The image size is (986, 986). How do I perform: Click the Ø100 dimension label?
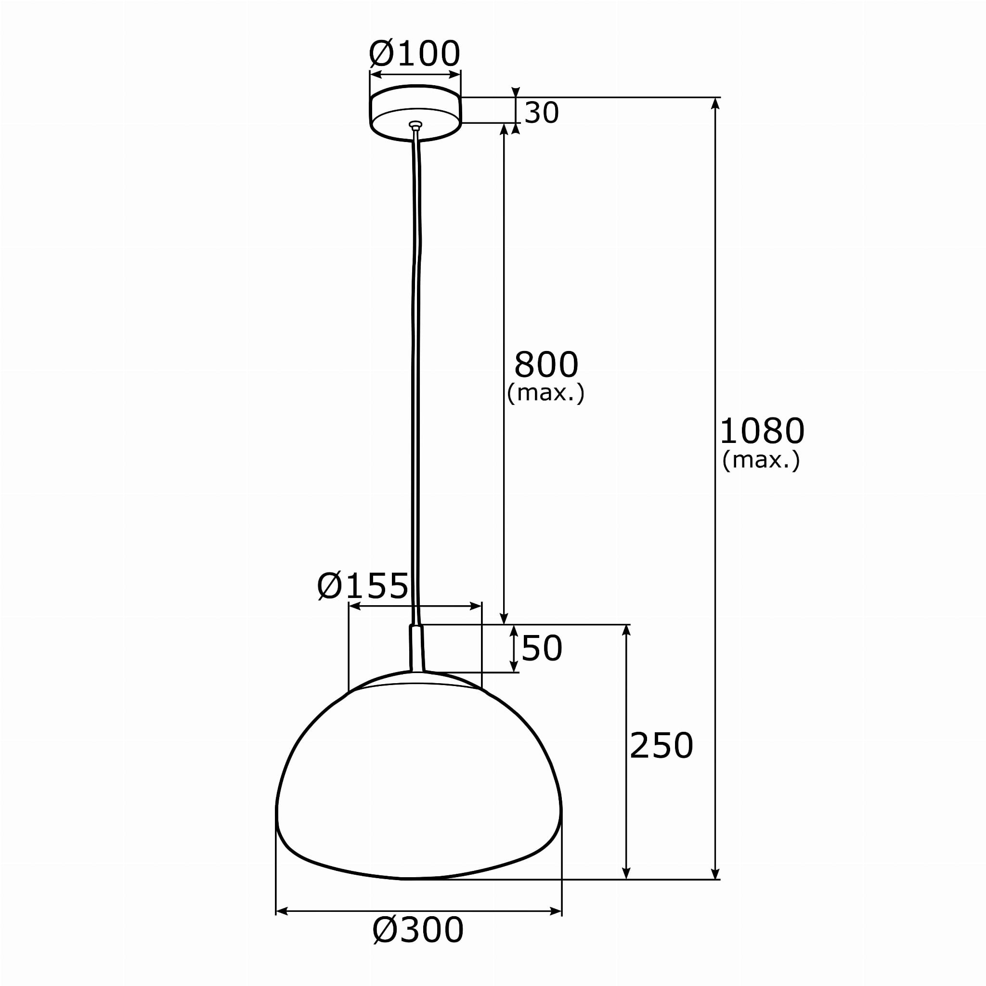point(415,53)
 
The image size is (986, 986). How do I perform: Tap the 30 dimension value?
point(542,113)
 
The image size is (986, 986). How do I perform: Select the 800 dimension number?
point(546,364)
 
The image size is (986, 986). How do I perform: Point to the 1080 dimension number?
point(762,431)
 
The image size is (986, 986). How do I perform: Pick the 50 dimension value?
point(542,649)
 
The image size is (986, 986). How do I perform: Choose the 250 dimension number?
point(662,746)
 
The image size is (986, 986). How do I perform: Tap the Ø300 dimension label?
point(418,930)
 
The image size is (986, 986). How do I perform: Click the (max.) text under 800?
point(545,393)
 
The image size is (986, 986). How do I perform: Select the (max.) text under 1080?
point(761,460)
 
